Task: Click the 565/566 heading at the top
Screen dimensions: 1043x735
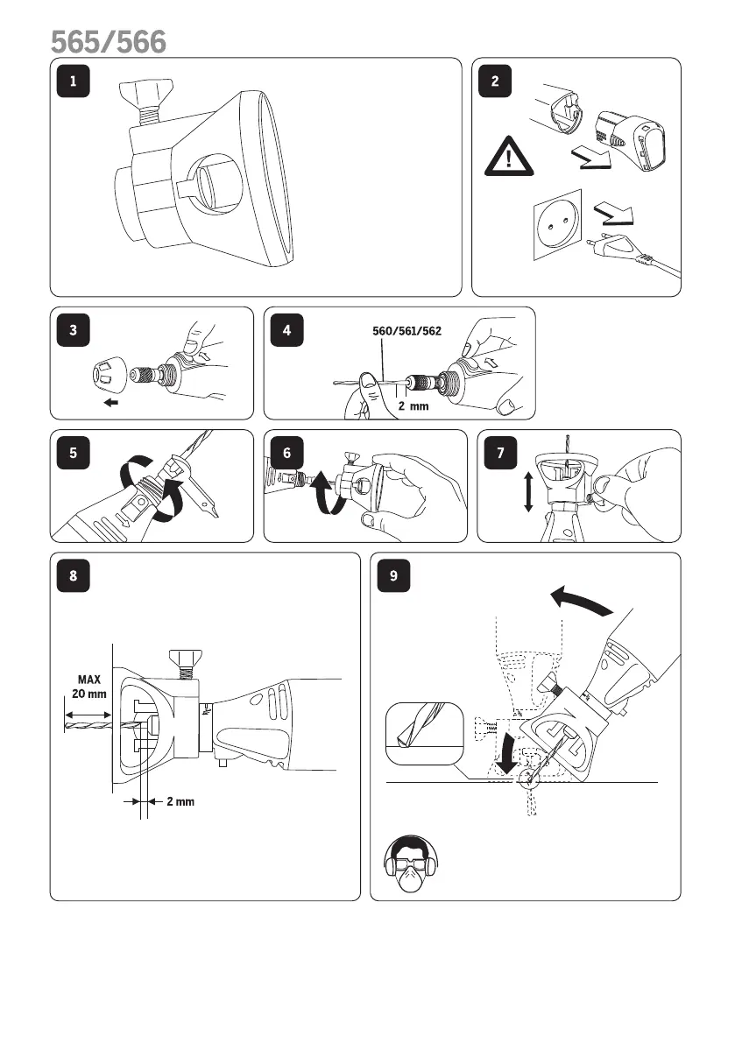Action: tap(108, 41)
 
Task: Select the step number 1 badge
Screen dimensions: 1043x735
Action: tap(74, 81)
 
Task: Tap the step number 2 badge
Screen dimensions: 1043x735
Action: tap(495, 81)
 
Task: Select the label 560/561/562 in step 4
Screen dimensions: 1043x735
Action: tap(402, 331)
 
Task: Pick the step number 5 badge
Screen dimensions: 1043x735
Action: tap(74, 453)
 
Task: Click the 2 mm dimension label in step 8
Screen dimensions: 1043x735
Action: tap(180, 801)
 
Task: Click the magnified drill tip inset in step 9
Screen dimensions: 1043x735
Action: tap(424, 732)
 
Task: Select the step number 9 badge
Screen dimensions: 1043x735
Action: tap(394, 575)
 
